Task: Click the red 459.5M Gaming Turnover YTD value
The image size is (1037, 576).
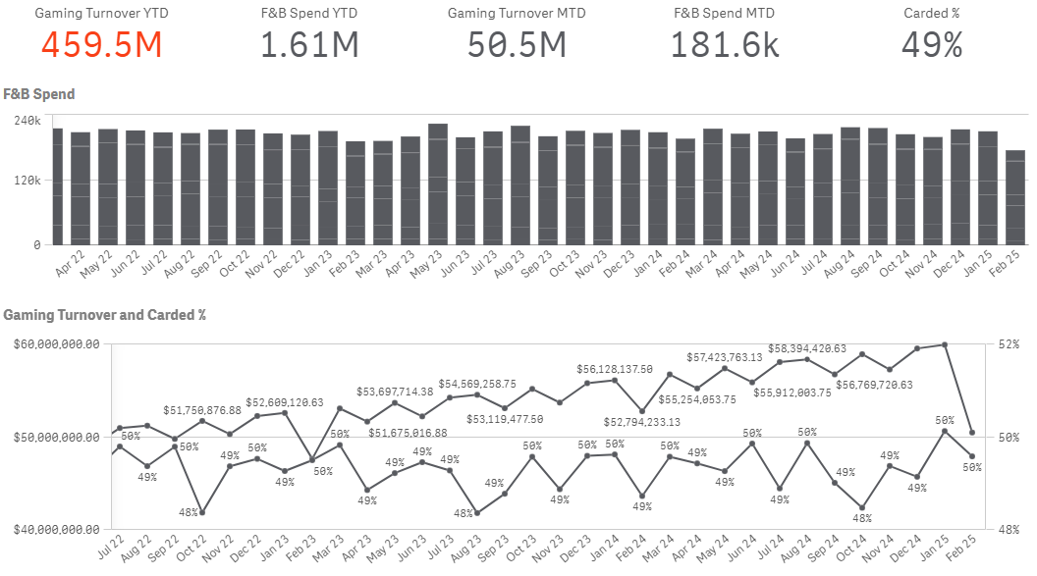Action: click(x=102, y=45)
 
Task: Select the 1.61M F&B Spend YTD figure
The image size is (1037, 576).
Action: click(x=309, y=45)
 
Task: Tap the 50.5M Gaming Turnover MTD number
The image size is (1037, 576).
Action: click(x=517, y=45)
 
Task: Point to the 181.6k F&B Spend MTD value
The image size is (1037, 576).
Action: click(x=724, y=45)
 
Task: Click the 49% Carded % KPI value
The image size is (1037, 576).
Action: click(x=932, y=45)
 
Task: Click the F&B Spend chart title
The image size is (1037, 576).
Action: click(x=39, y=94)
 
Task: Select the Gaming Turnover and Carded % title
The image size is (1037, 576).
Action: click(x=104, y=314)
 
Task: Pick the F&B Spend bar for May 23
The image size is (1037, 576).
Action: click(x=438, y=184)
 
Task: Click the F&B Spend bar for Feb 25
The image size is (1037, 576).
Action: click(x=1015, y=197)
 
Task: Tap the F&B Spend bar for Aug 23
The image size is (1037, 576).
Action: click(x=520, y=185)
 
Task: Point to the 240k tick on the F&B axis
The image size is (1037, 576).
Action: click(x=27, y=121)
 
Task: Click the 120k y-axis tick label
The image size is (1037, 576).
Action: click(x=27, y=181)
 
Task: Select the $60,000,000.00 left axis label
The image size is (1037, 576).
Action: click(x=56, y=344)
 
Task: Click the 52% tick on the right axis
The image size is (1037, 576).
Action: click(x=1009, y=344)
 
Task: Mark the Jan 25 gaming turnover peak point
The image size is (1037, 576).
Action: click(x=945, y=344)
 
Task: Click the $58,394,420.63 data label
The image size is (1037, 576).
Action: click(x=807, y=348)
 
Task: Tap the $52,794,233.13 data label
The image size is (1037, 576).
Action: click(x=641, y=421)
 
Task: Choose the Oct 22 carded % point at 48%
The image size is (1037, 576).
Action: click(x=202, y=512)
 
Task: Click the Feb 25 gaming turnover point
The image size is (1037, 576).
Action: click(x=972, y=433)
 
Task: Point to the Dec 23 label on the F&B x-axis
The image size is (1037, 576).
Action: click(x=621, y=263)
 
